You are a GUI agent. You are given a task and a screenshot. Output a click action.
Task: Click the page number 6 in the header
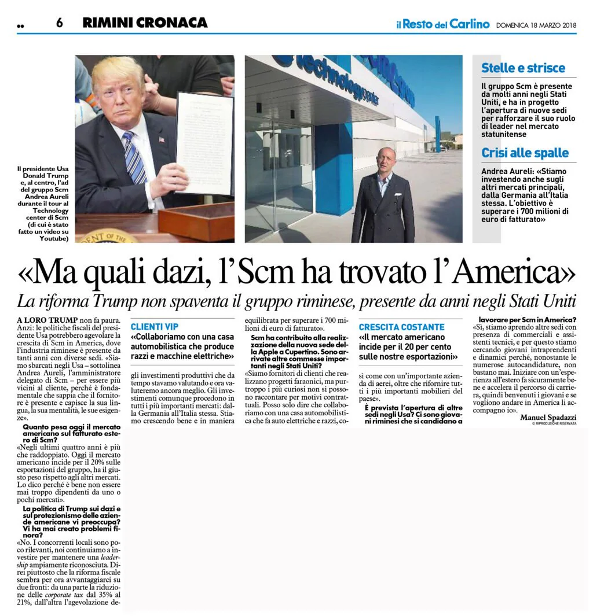click(x=59, y=23)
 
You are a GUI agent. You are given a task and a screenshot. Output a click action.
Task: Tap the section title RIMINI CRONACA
click(x=145, y=23)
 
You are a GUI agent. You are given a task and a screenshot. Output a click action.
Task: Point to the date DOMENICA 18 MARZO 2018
click(x=536, y=25)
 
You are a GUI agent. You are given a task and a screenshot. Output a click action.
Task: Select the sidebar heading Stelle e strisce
click(x=523, y=68)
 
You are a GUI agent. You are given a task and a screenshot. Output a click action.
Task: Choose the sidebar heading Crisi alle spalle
click(x=525, y=153)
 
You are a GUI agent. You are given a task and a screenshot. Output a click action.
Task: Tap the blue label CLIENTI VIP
click(x=155, y=327)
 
